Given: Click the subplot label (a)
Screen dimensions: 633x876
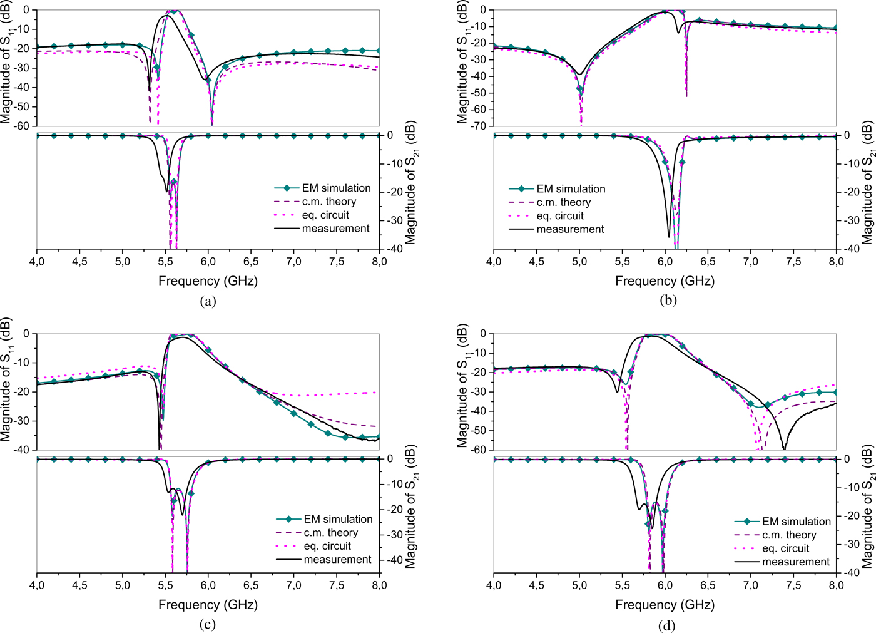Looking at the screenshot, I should [x=208, y=301].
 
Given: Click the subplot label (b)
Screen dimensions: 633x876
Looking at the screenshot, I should [x=668, y=300].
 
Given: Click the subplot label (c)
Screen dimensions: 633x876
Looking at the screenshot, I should [x=208, y=624].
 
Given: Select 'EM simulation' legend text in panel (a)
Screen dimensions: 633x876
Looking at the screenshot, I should [x=336, y=188].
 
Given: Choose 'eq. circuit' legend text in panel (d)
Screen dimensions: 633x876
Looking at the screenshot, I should [x=785, y=548].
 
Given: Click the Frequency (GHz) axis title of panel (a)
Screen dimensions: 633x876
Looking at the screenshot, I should [x=208, y=280].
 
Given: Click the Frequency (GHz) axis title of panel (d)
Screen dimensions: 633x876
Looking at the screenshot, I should [x=665, y=604].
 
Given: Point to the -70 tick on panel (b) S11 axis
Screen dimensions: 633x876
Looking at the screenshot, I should [x=479, y=126].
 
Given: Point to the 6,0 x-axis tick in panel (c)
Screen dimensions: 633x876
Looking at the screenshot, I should [x=208, y=585].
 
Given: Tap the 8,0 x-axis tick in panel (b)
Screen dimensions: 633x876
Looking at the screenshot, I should [x=836, y=261].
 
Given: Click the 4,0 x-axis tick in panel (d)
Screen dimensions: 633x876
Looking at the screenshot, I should [x=494, y=585].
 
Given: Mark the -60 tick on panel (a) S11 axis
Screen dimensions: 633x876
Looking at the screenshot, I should [x=22, y=126].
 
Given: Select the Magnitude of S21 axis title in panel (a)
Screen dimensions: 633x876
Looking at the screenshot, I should [x=410, y=183].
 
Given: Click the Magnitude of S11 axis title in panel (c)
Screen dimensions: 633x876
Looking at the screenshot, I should [x=6, y=388].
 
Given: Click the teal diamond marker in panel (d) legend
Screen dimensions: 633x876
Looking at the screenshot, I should [x=747, y=522].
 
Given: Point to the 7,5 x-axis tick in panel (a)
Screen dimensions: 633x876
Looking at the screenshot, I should [x=337, y=261].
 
